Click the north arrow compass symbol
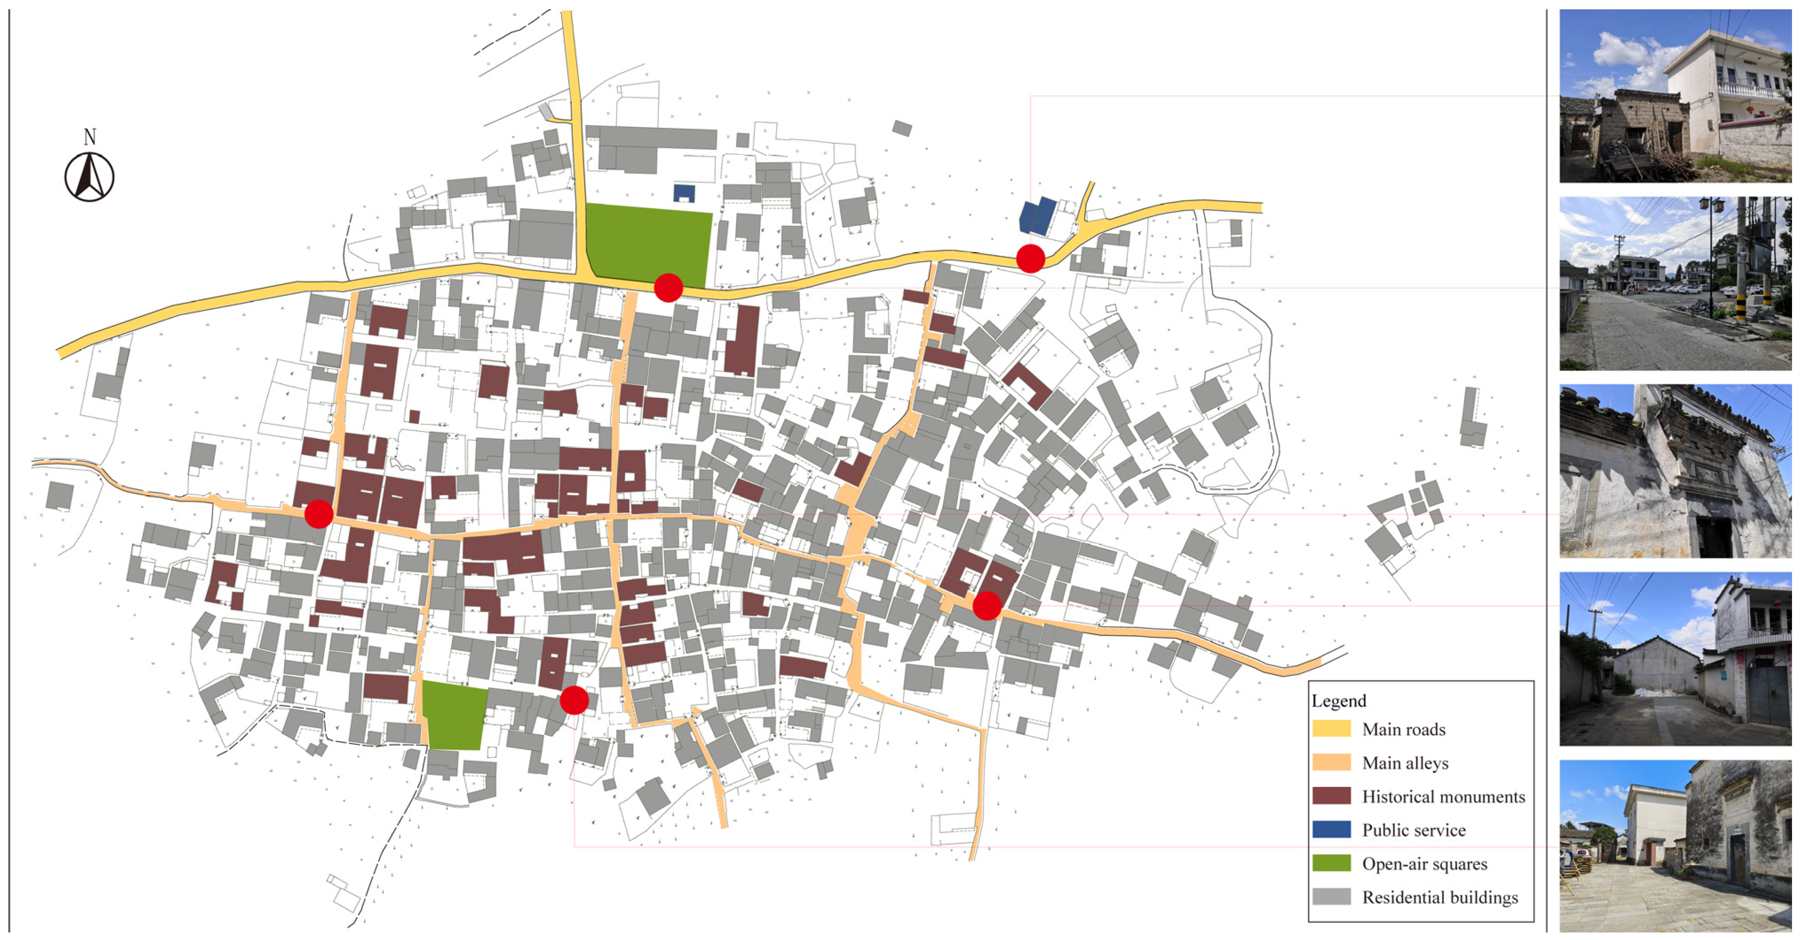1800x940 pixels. pos(89,178)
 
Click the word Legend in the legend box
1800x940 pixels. pos(1338,700)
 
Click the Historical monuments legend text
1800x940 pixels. pos(1443,796)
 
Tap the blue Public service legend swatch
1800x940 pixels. pos(1331,829)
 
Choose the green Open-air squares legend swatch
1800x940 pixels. pos(1331,863)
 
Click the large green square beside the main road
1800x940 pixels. pos(648,243)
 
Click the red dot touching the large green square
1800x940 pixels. pos(668,287)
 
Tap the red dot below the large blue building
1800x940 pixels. pos(1030,258)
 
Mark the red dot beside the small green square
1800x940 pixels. pos(574,700)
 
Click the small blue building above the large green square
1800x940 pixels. pos(684,193)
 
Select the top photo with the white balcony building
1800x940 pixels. pos(1675,96)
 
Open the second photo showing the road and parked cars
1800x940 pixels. pos(1675,284)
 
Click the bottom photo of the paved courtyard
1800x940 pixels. pos(1675,846)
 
